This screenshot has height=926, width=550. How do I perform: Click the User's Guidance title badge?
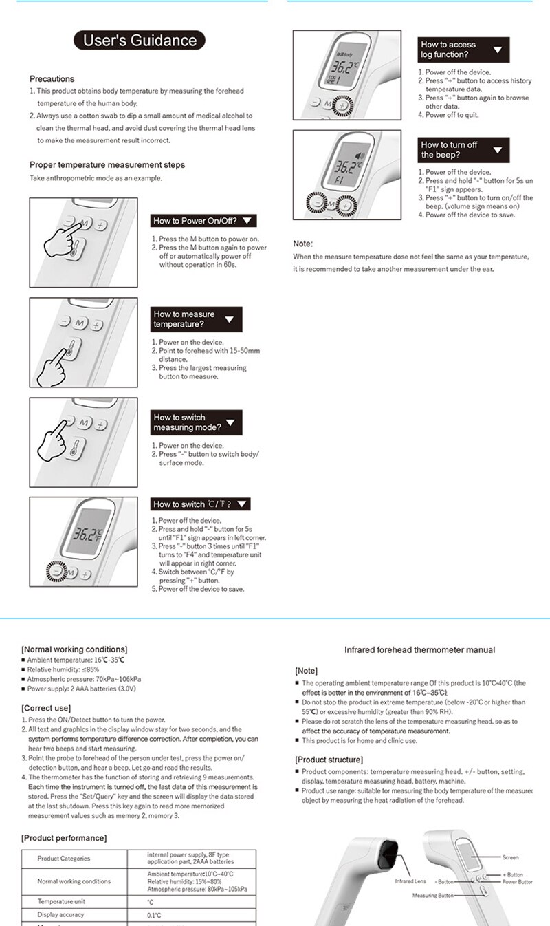140,40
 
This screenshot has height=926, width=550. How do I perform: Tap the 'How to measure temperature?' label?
196,319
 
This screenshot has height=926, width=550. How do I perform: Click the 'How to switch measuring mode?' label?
196,422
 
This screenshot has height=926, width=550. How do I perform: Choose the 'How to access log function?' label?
463,50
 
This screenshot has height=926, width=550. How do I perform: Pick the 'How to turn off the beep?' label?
463,150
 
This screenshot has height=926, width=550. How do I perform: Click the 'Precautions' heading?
52,79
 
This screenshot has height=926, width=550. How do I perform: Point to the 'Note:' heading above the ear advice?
302,244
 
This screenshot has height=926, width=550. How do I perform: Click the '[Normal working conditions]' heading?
74,649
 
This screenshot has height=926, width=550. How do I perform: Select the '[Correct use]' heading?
46,708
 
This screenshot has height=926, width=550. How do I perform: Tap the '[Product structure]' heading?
329,760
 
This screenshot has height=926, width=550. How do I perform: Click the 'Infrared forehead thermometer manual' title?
419,649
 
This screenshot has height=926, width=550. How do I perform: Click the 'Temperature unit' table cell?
61,901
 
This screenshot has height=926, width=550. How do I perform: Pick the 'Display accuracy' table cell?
61,914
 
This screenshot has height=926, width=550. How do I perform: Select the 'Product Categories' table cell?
64,859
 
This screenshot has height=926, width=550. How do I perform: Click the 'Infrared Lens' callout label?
410,881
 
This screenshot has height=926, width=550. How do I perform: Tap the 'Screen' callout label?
510,857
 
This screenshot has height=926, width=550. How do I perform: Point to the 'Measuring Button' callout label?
433,895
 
